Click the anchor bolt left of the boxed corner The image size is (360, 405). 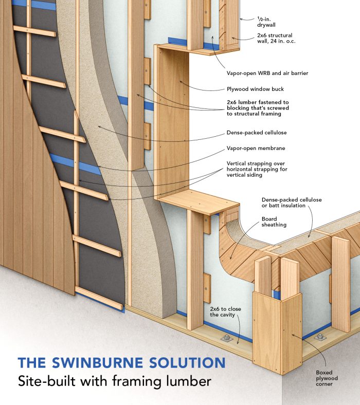226,338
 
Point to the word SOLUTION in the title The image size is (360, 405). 187,362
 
